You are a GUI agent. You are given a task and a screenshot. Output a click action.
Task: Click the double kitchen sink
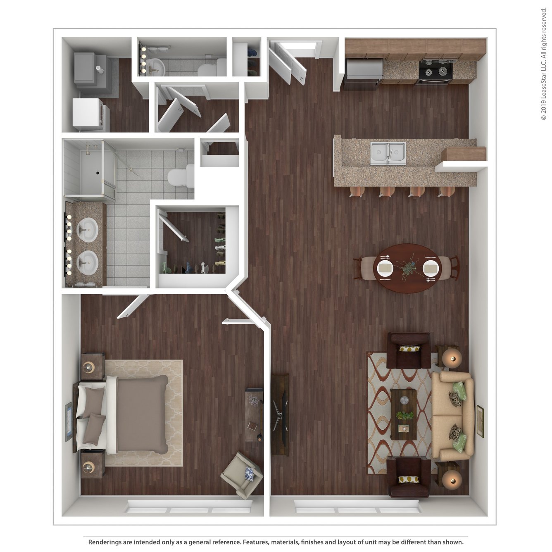[388, 153]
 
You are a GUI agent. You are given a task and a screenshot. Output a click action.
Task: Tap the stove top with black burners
[435, 71]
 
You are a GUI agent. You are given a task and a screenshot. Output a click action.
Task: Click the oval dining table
[407, 269]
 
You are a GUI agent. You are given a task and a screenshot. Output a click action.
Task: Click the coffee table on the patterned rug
[404, 414]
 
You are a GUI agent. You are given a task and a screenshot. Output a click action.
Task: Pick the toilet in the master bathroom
[181, 176]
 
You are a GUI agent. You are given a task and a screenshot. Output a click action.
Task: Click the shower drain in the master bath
[98, 173]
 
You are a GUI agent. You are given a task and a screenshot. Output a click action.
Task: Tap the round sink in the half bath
[155, 67]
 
